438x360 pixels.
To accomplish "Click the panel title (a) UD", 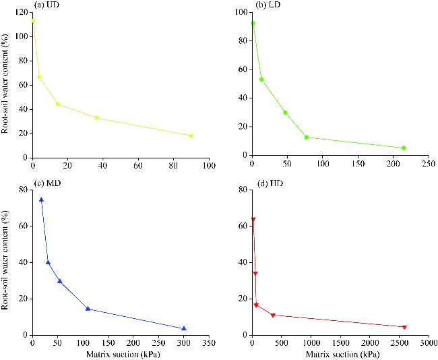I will tap(52, 5).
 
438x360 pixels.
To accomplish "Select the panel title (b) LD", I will tap(270, 5).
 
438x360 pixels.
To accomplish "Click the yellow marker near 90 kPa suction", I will tap(191, 136).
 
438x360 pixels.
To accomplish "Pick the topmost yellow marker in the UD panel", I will tap(33, 21).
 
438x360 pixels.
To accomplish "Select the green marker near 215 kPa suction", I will tap(404, 148).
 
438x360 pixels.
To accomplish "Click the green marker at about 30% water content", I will tap(285, 113).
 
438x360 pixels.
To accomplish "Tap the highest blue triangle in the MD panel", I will tap(41, 200).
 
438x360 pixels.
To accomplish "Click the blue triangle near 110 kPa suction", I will tap(88, 309).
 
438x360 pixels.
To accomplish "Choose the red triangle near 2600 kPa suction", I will tap(404, 327).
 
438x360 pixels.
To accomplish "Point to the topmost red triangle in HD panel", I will tap(253, 219).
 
